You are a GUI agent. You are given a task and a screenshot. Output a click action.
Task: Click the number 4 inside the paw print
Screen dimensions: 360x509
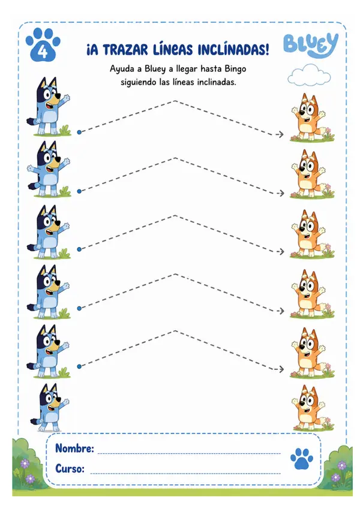click(43, 52)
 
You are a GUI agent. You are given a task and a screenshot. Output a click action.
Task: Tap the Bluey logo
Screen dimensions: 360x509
click(311, 45)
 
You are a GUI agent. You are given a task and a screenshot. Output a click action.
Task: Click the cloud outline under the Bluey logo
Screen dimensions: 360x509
click(308, 75)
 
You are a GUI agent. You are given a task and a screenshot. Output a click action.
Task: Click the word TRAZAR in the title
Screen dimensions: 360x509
click(126, 50)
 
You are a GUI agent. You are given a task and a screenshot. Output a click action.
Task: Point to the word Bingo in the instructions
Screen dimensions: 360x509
click(235, 69)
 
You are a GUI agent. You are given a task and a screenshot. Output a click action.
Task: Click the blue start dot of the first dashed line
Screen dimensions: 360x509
click(79, 132)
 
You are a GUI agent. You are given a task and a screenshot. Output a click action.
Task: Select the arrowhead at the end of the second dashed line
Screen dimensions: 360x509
click(280, 193)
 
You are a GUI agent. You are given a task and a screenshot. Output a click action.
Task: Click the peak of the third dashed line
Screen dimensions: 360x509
click(175, 215)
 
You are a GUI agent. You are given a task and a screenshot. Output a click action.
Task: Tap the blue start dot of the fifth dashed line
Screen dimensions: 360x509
click(79, 366)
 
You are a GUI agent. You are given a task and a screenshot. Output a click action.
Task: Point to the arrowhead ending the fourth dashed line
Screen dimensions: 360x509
click(280, 311)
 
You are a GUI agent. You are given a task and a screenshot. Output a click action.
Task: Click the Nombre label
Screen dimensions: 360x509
click(74, 448)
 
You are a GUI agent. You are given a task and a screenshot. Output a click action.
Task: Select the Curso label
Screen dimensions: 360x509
click(70, 469)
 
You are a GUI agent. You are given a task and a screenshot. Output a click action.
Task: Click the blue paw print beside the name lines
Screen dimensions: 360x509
click(302, 459)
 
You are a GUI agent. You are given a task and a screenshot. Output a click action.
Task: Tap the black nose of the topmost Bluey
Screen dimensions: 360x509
click(58, 97)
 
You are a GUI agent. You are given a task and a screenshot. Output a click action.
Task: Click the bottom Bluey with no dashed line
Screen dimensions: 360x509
click(50, 408)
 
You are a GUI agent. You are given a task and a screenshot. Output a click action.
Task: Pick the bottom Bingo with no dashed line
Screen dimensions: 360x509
click(310, 408)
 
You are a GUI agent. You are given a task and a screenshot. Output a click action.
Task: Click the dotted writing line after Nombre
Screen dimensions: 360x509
click(189, 453)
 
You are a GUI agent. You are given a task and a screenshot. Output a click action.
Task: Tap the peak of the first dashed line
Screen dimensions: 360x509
click(175, 101)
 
